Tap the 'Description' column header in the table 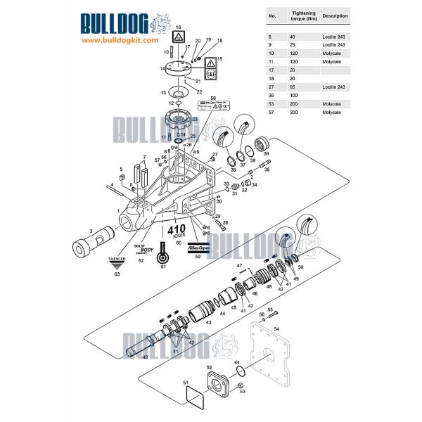click(x=334, y=15)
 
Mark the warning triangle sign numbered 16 click(x=179, y=37)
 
